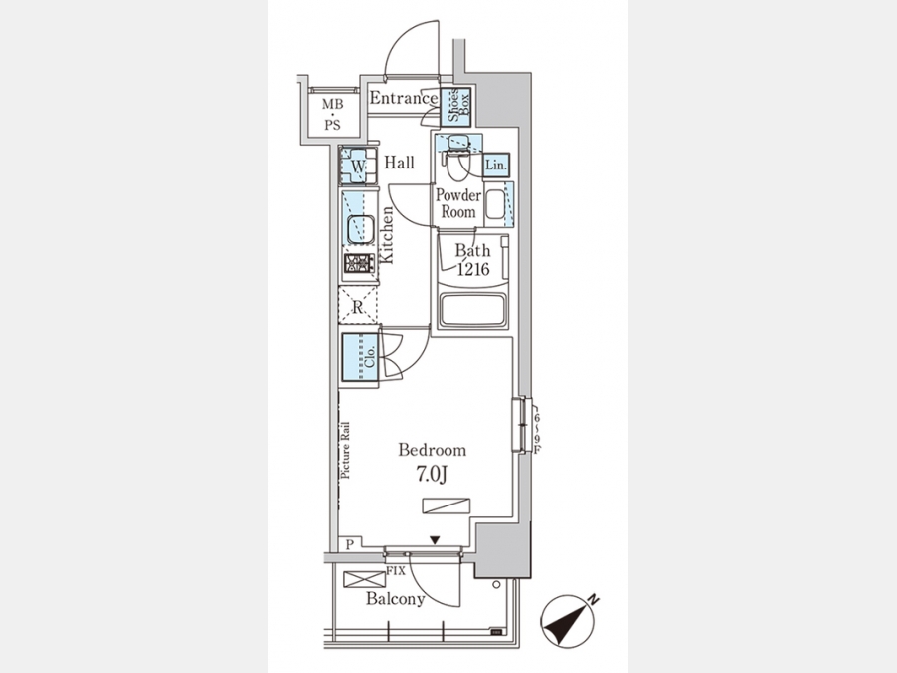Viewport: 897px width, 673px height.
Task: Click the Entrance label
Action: [404, 98]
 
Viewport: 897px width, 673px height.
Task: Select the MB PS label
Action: [332, 114]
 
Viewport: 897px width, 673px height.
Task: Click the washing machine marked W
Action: [358, 166]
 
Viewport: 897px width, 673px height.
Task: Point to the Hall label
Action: [400, 164]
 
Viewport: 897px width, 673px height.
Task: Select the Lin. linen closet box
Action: [496, 166]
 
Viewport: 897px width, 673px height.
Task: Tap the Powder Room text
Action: [458, 203]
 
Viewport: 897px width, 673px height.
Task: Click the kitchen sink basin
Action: [358, 229]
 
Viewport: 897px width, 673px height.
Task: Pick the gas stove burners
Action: [359, 264]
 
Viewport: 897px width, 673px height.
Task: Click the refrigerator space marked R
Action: [358, 306]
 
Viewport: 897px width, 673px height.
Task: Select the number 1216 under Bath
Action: [473, 269]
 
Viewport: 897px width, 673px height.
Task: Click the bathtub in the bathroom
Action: [472, 311]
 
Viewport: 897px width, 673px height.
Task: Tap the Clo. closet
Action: [360, 357]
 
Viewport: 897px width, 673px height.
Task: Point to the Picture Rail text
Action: [345, 451]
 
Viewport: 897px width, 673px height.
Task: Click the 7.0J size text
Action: [431, 474]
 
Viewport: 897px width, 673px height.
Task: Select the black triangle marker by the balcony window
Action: [435, 540]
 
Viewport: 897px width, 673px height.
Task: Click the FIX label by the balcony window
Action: [396, 571]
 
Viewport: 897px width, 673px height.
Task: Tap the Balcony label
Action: [396, 599]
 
